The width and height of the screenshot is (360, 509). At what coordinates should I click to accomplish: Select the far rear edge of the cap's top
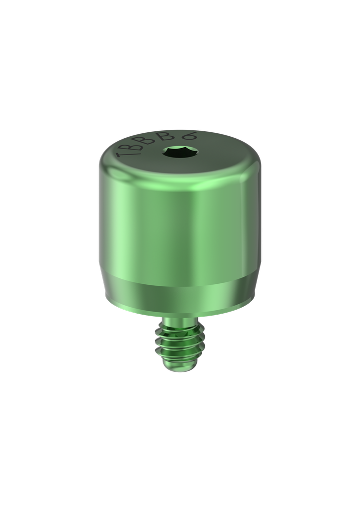click(179, 130)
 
